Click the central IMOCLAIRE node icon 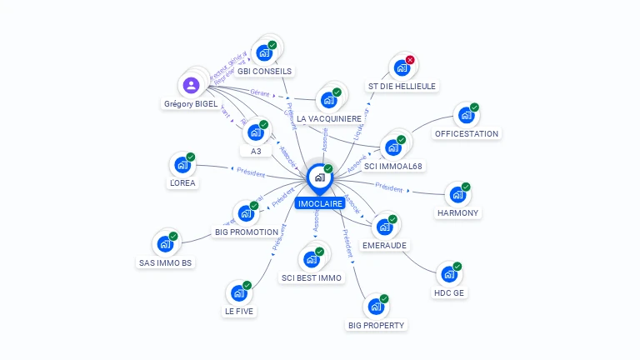(319, 177)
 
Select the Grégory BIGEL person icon (192, 85)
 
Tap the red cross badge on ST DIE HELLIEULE (410, 60)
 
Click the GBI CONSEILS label (264, 71)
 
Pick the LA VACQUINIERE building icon (328, 100)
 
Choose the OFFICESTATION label (467, 133)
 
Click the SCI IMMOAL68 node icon (392, 147)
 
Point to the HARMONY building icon (457, 195)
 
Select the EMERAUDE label (384, 246)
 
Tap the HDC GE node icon (448, 274)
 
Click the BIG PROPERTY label (376, 325)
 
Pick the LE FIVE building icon (238, 292)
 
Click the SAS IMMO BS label (165, 263)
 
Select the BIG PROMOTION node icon (247, 213)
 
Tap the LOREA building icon (182, 164)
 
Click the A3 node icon (255, 132)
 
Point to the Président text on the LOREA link (250, 173)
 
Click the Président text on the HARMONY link (389, 187)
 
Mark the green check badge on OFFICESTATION (474, 107)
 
